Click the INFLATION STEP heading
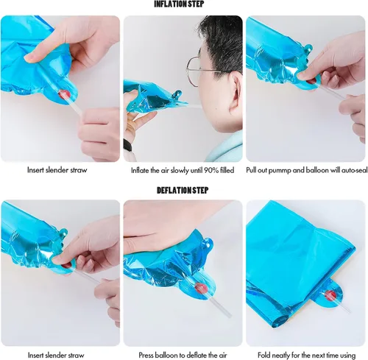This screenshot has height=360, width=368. (x=179, y=4)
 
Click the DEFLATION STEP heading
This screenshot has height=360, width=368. (x=183, y=190)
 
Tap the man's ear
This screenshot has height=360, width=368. (x=236, y=91)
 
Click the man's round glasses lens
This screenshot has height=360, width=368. (x=193, y=71)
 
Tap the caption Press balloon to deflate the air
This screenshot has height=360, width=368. (x=183, y=355)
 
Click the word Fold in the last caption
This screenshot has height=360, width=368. (x=264, y=355)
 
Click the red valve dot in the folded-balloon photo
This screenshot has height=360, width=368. (x=330, y=295)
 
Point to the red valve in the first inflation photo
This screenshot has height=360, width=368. (x=64, y=94)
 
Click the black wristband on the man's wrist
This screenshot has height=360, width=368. (x=127, y=146)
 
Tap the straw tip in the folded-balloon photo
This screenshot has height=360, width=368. (x=349, y=313)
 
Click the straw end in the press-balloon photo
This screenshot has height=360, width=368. (x=229, y=314)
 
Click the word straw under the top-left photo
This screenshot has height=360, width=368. (x=79, y=170)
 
